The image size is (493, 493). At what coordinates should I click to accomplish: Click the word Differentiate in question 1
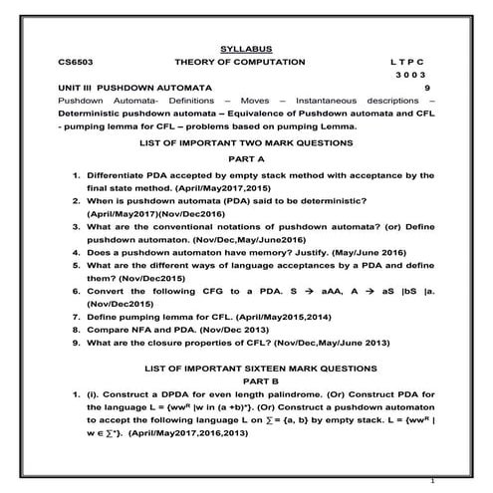[117, 174]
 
